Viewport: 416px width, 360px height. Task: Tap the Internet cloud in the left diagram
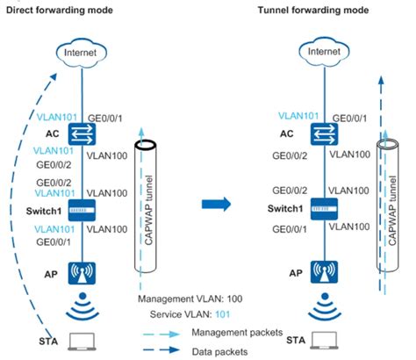click(x=84, y=54)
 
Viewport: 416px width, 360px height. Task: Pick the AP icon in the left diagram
click(x=85, y=274)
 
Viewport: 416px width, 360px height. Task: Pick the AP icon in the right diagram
click(x=324, y=274)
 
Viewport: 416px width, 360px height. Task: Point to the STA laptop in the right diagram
click(x=324, y=342)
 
